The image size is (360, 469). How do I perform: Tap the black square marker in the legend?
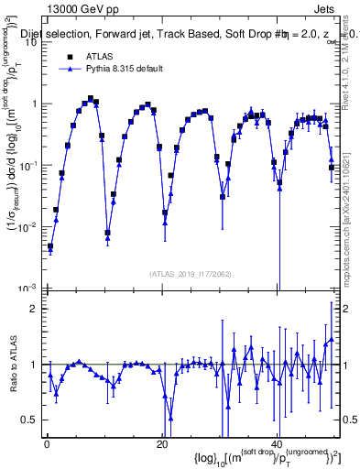(68, 55)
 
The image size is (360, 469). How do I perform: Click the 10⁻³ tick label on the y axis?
(27, 288)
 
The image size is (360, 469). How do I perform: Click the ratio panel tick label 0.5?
(30, 420)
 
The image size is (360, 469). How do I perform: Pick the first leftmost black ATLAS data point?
(51, 245)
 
